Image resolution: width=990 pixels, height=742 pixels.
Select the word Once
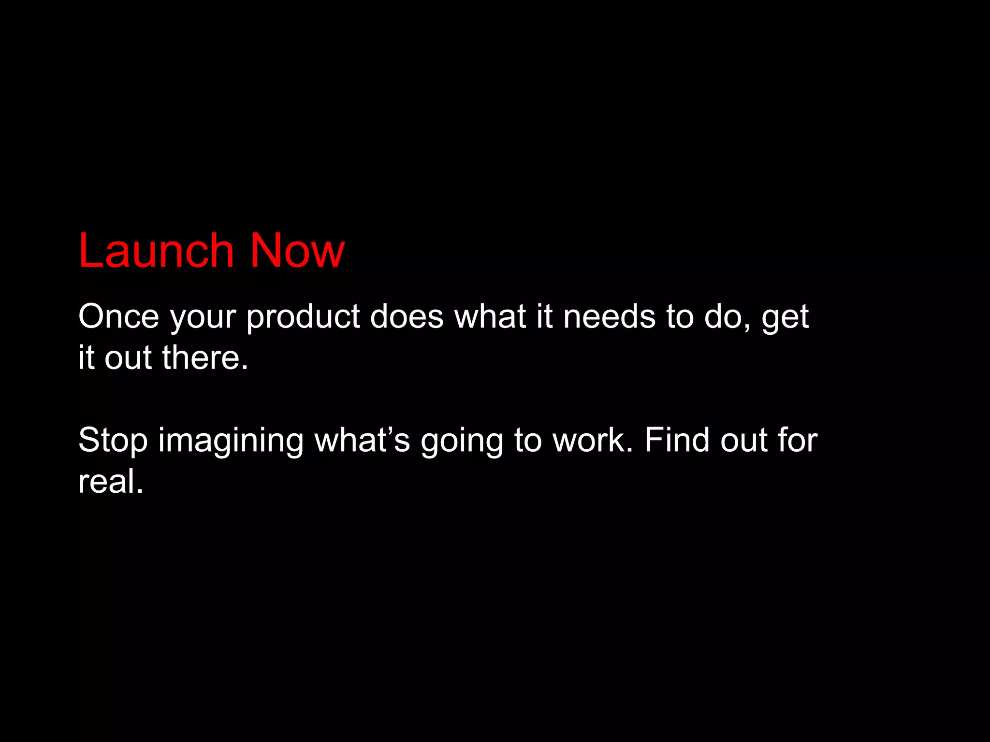pyautogui.click(x=118, y=316)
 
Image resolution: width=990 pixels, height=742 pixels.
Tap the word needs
pyautogui.click(x=609, y=316)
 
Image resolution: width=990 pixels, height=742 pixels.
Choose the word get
pyautogui.click(x=785, y=319)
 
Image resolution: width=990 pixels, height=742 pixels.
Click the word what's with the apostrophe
pyautogui.click(x=362, y=440)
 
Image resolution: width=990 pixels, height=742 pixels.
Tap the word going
pyautogui.click(x=462, y=442)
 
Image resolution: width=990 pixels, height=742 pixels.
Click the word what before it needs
pyautogui.click(x=490, y=316)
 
